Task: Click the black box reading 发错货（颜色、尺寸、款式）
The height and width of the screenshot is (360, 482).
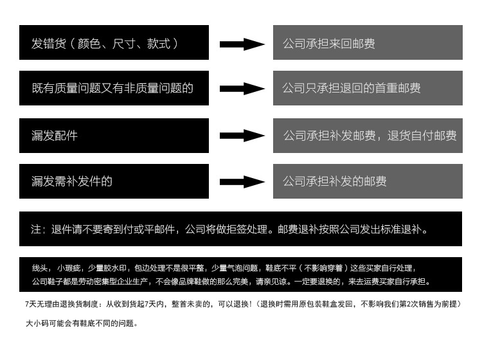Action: (114, 42)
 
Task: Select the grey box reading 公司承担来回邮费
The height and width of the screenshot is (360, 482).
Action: (368, 42)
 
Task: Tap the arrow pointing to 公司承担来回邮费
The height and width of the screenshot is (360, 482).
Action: (242, 44)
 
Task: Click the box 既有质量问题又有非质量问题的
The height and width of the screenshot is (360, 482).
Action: (114, 88)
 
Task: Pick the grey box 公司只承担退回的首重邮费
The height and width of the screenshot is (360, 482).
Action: (368, 88)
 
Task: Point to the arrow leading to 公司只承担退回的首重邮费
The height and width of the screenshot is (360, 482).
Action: (242, 89)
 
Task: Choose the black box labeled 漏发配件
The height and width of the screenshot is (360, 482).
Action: (114, 136)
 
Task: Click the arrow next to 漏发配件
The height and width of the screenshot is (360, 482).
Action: (242, 136)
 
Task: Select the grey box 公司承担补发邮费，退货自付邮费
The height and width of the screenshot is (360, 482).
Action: (368, 136)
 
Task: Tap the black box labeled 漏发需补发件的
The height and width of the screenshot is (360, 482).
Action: (114, 181)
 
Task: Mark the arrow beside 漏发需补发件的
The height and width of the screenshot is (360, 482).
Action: (242, 181)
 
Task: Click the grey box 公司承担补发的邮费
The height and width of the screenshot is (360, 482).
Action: (368, 181)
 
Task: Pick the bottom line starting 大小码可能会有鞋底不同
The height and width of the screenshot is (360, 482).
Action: (82, 324)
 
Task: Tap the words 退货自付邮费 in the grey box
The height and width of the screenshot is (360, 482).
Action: (422, 136)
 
